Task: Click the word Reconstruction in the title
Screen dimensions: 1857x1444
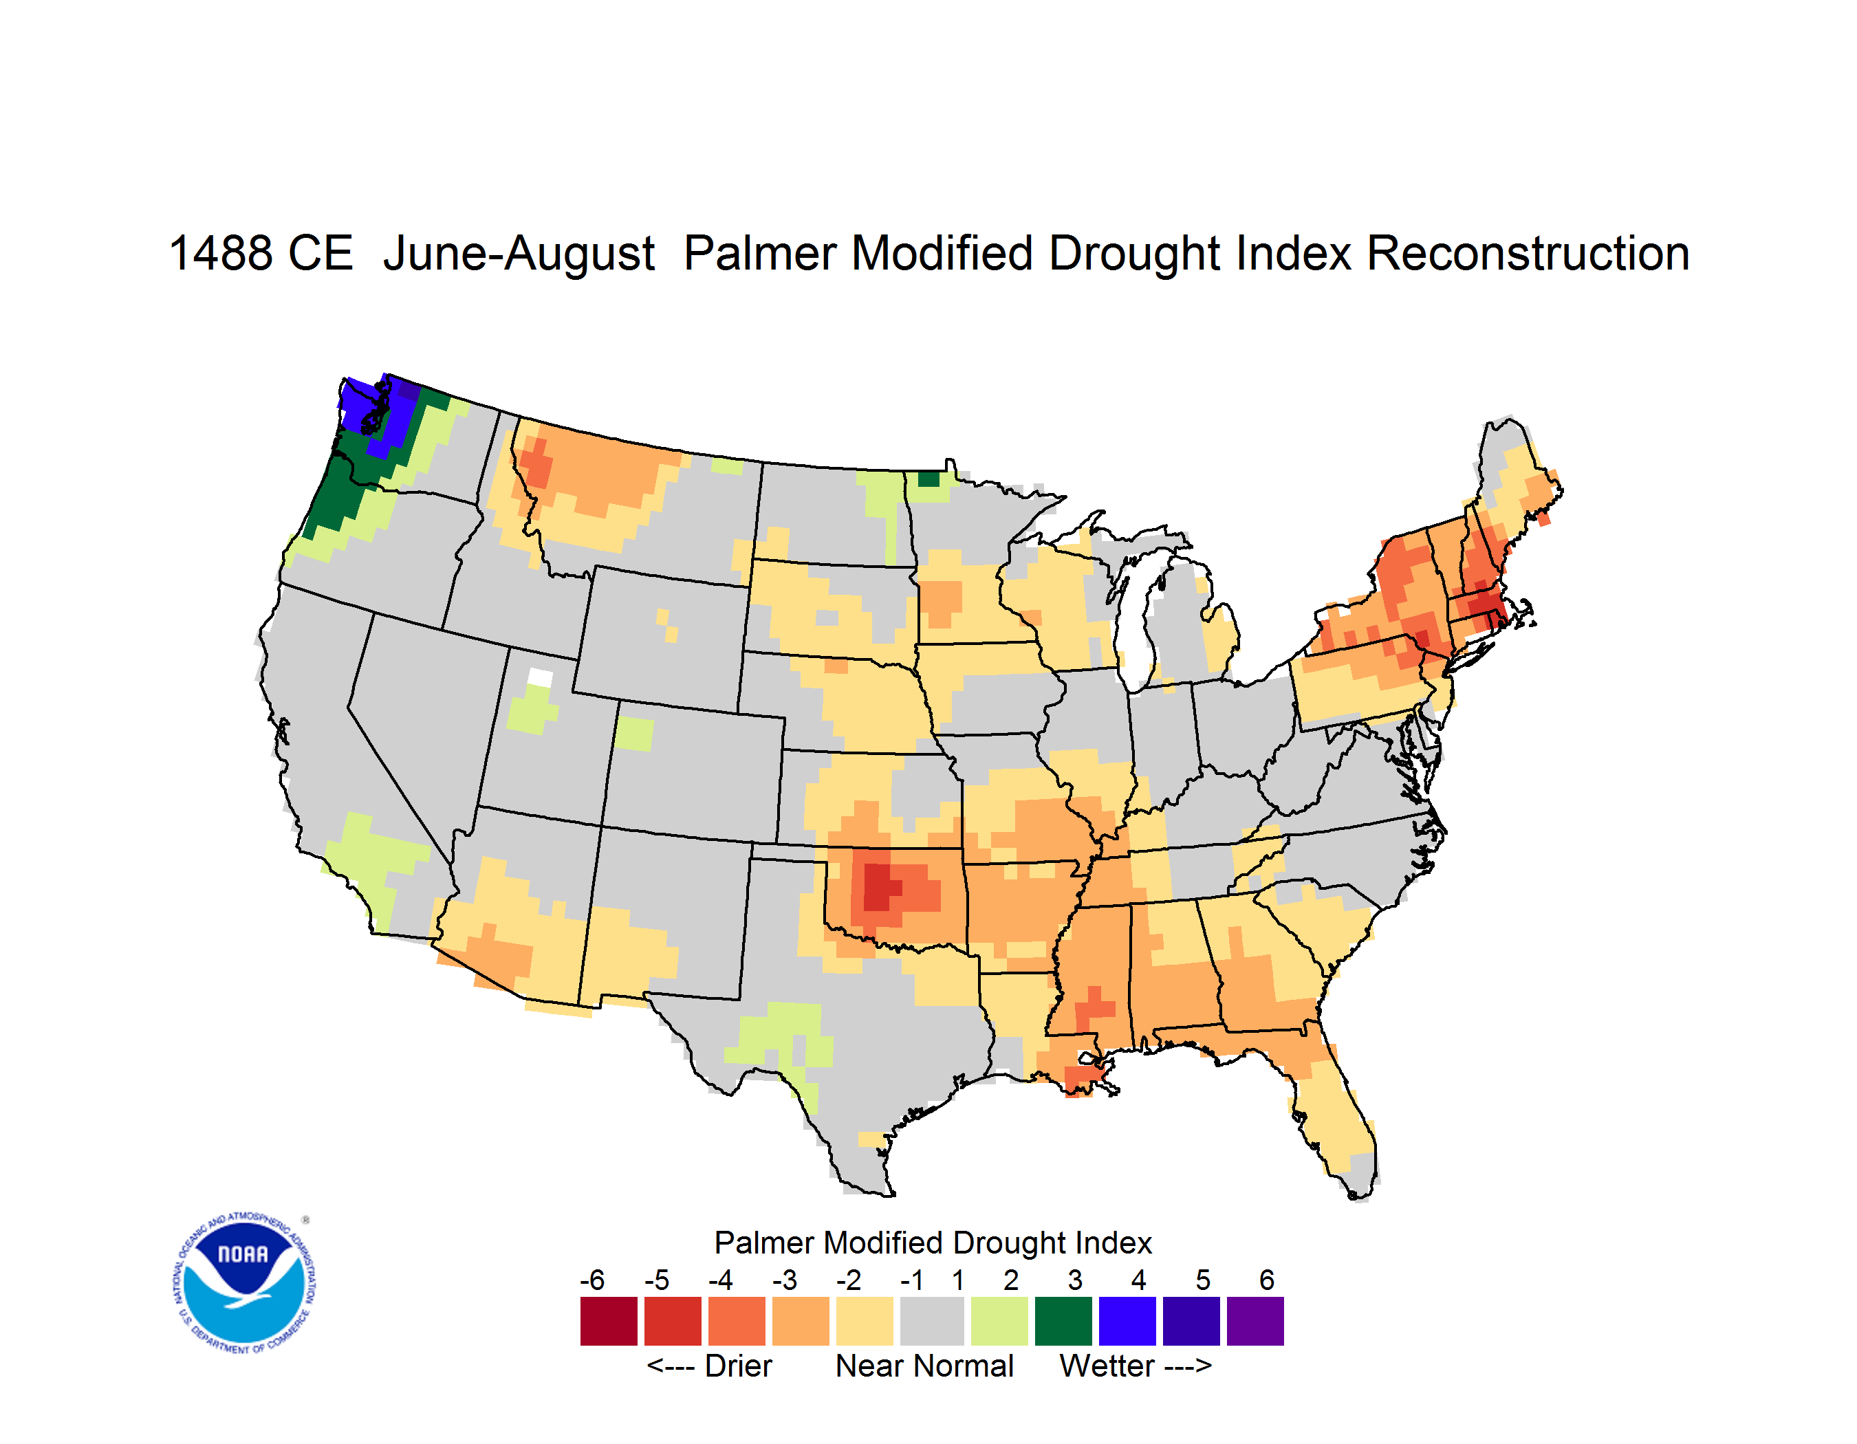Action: tap(1527, 253)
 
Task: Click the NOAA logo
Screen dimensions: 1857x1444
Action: tap(243, 1283)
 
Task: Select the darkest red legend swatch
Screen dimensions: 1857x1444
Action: tap(609, 1321)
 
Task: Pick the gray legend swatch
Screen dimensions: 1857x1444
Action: tap(932, 1321)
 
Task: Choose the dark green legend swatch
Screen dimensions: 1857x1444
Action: tap(1063, 1321)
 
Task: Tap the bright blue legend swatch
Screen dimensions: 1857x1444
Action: tap(1127, 1321)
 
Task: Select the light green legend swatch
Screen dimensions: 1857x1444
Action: tap(999, 1321)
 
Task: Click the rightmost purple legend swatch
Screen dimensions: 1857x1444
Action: tap(1255, 1321)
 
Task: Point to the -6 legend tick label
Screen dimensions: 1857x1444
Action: tap(593, 1280)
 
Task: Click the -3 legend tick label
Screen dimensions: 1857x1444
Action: tap(785, 1280)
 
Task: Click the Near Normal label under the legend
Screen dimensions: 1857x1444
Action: tap(924, 1366)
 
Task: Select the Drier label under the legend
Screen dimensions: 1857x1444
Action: tap(738, 1366)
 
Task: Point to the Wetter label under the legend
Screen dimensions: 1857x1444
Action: tap(1107, 1366)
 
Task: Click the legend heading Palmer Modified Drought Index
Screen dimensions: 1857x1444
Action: tap(933, 1243)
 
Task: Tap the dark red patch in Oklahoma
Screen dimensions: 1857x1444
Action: tap(881, 887)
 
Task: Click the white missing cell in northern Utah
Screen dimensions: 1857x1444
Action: tap(540, 677)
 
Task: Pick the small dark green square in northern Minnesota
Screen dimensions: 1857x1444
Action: tap(929, 479)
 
